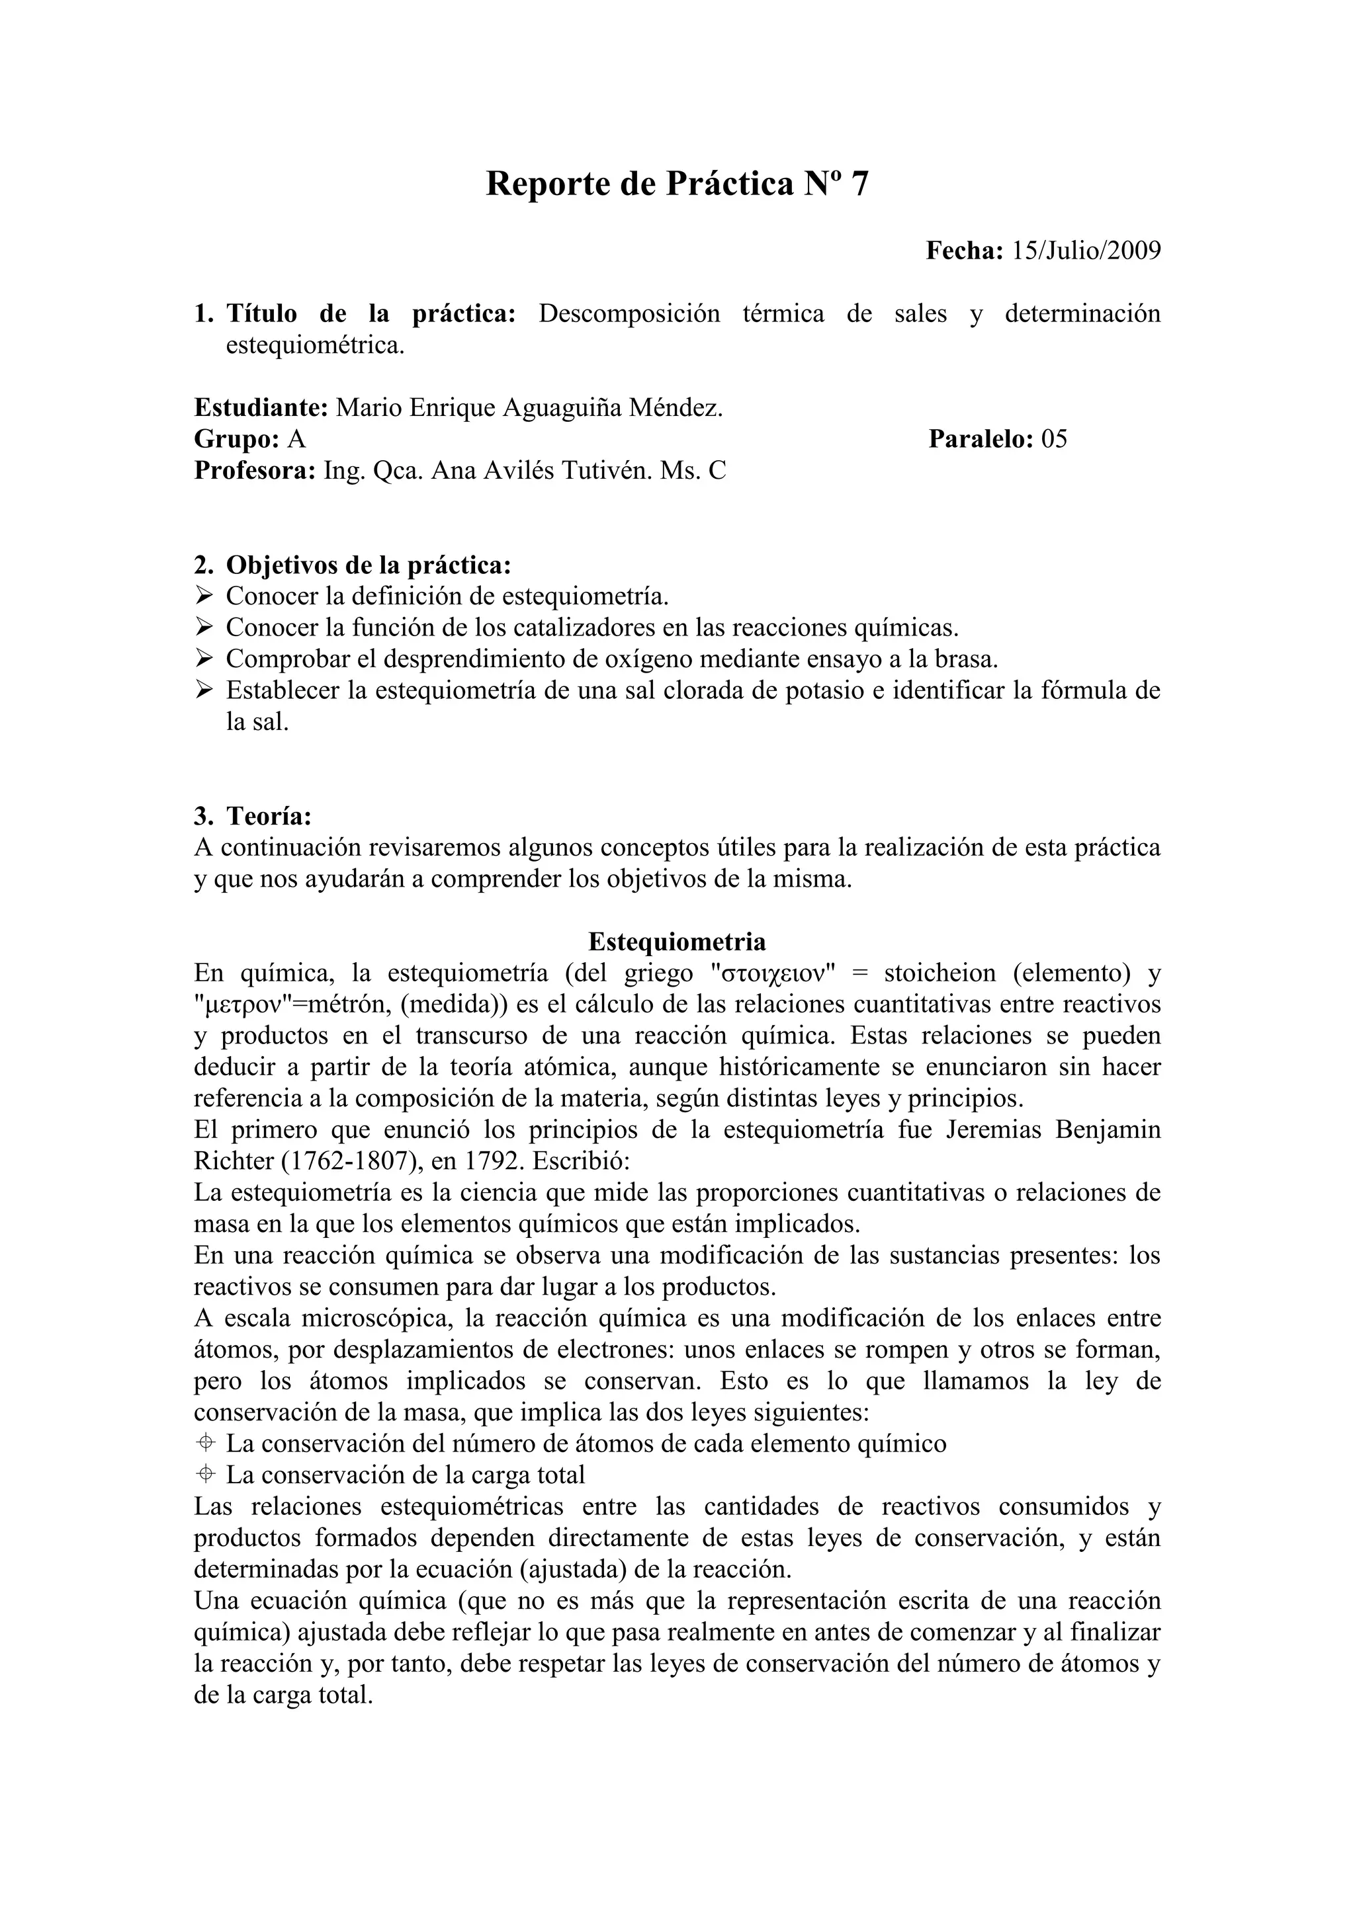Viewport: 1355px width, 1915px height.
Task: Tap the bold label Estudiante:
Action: [261, 408]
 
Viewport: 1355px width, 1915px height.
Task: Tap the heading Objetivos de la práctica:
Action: [368, 565]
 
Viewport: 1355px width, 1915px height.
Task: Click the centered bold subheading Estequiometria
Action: [677, 942]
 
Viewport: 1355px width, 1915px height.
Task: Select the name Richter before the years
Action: [228, 1161]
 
